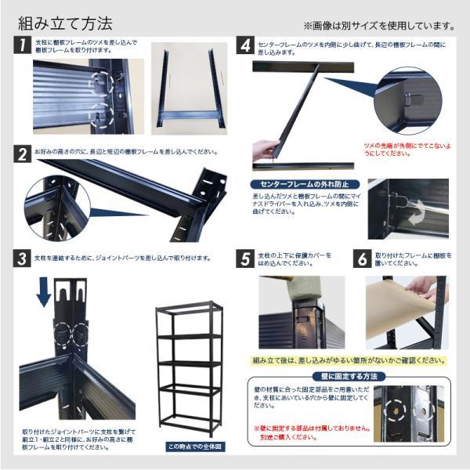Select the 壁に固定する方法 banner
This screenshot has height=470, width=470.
pos(349,377)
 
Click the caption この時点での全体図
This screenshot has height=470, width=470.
pos(190,446)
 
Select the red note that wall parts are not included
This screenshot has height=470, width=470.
pos(309,433)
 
